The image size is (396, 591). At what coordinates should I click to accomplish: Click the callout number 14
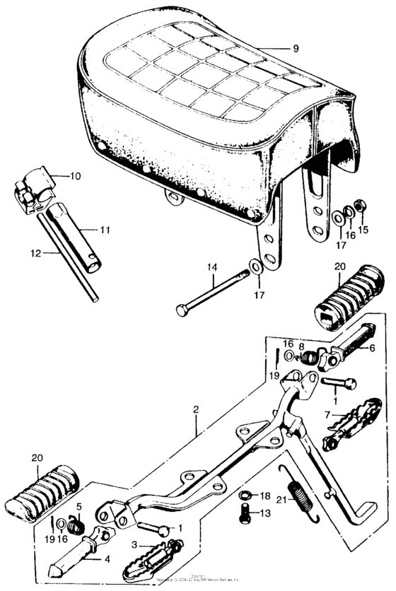pyautogui.click(x=211, y=267)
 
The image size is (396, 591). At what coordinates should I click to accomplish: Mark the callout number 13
pyautogui.click(x=265, y=513)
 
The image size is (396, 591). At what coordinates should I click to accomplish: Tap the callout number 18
pyautogui.click(x=265, y=496)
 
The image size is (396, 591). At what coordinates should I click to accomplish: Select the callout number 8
pyautogui.click(x=301, y=347)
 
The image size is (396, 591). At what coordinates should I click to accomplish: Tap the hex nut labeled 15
pyautogui.click(x=359, y=208)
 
